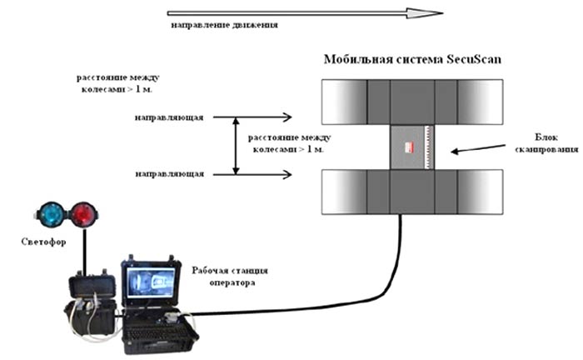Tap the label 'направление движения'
(224, 26)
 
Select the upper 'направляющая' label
(168, 117)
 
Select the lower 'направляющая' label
(168, 173)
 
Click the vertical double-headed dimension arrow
(236, 146)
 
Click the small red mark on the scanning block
(409, 147)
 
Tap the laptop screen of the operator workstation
(148, 285)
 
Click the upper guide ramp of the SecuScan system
(411, 102)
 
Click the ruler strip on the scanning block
(426, 147)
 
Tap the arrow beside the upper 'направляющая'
(267, 117)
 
